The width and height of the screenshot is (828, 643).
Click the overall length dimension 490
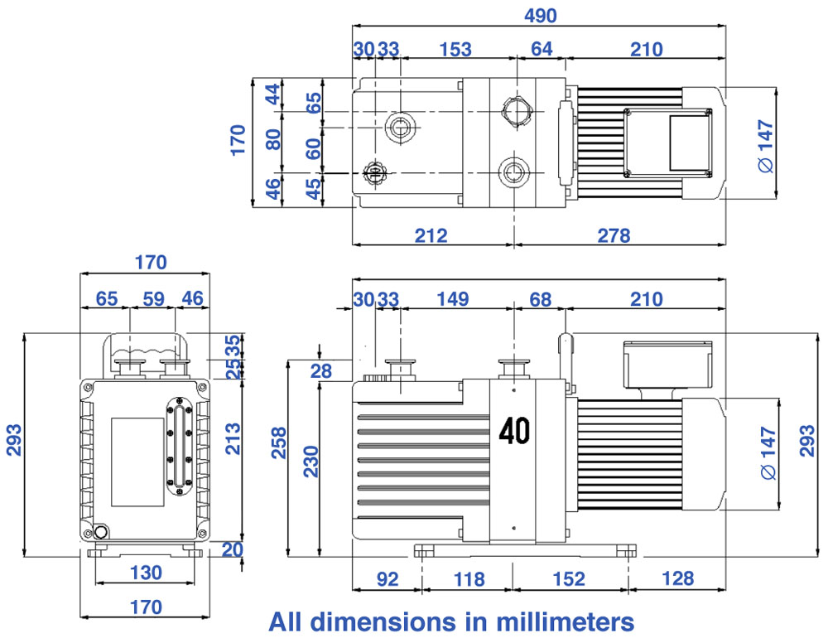(540, 15)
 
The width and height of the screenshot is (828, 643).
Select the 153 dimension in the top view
(455, 49)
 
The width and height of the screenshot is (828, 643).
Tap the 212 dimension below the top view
(431, 235)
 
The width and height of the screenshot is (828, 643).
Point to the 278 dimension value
(614, 235)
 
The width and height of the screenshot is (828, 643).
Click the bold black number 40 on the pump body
(514, 431)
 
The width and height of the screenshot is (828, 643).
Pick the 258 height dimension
(278, 442)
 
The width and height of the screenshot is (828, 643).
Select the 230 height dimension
(311, 462)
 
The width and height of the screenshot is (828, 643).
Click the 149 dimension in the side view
(453, 299)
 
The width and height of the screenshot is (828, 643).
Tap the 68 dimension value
(540, 300)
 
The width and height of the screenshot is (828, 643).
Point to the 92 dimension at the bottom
(387, 579)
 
